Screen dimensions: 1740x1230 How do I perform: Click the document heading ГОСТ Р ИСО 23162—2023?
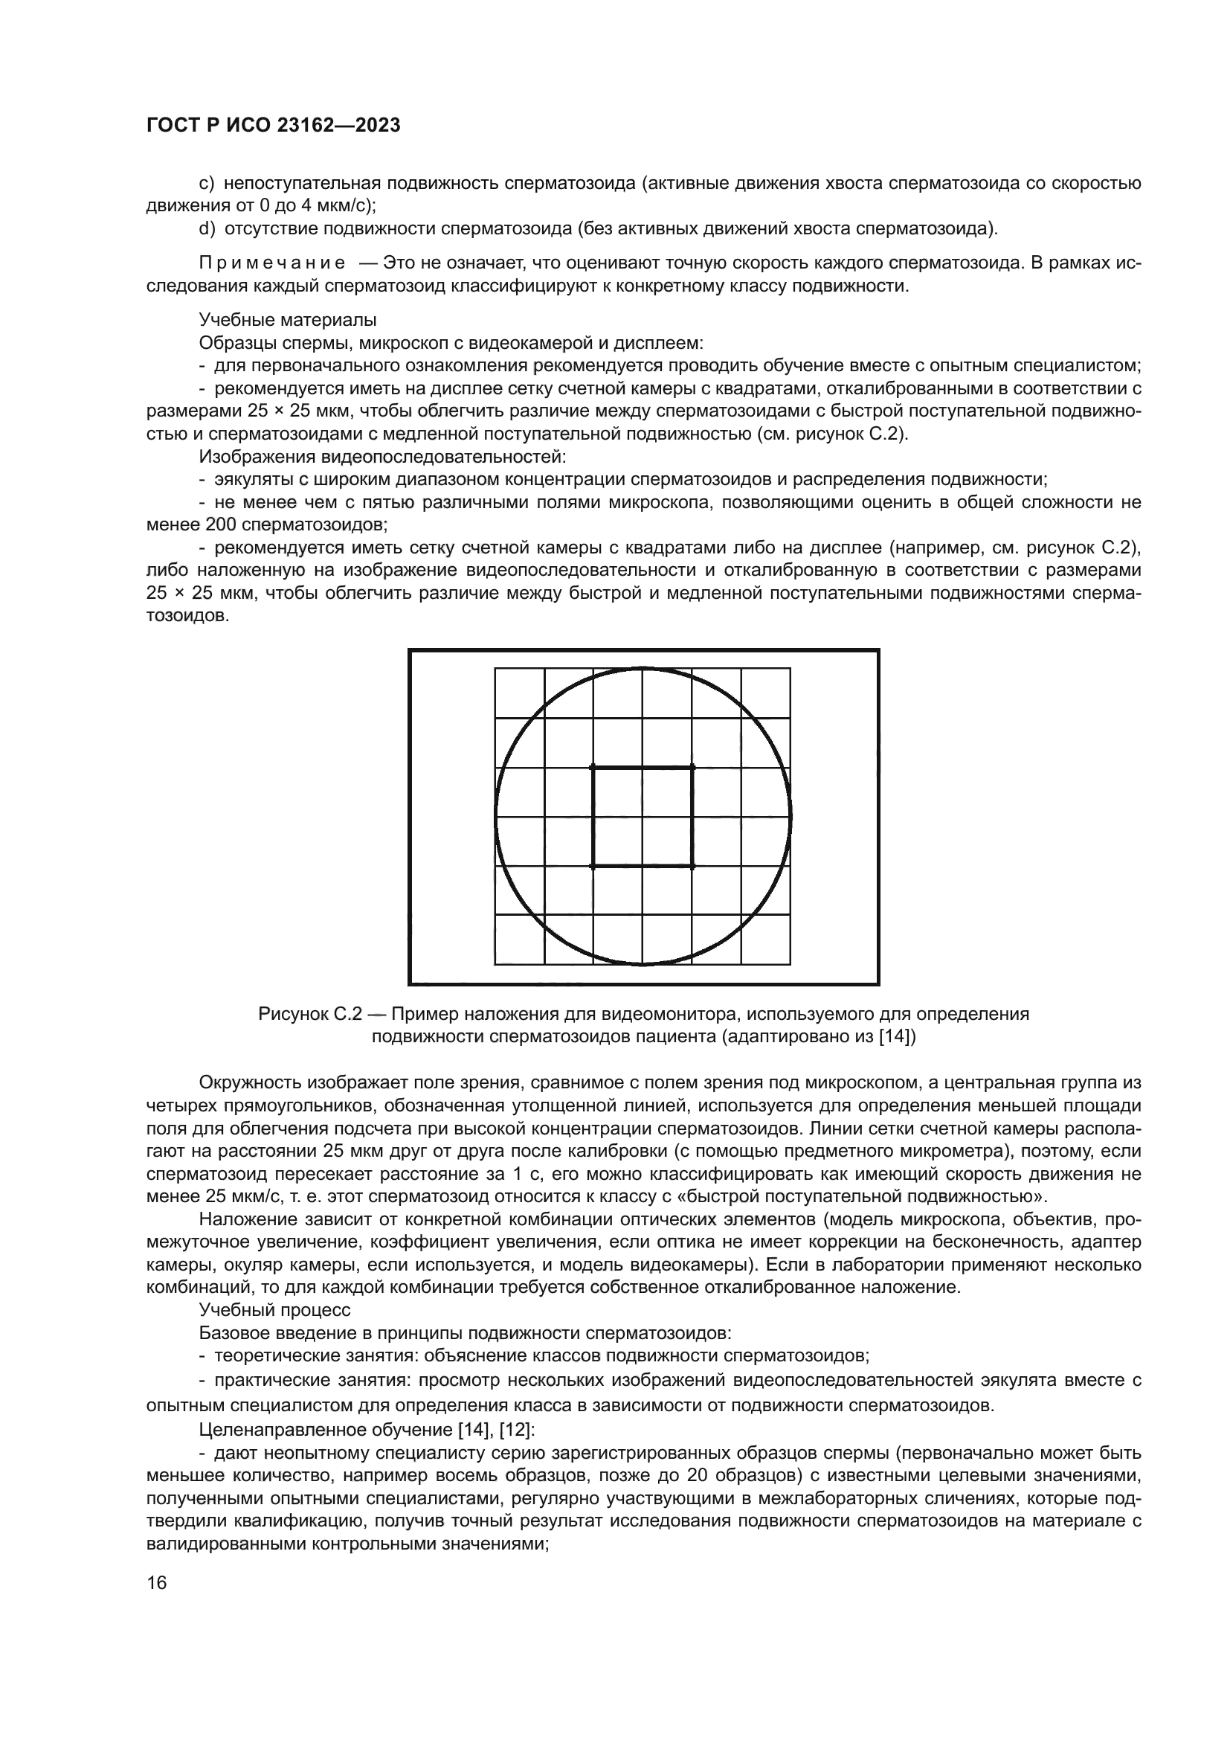tap(274, 126)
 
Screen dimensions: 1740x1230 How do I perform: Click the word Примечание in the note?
tap(272, 263)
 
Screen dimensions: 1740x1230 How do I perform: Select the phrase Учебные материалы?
tap(288, 320)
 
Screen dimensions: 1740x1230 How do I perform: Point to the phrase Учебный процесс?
tap(275, 1309)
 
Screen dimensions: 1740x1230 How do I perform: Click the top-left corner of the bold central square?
tap(592, 767)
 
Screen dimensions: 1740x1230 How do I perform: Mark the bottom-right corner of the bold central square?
tap(692, 866)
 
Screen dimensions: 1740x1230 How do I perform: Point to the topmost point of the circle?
tap(643, 667)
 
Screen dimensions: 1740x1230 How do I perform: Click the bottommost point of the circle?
tap(643, 965)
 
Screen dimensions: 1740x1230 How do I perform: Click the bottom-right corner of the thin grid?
tap(790, 964)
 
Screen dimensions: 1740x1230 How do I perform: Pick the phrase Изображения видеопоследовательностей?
tap(381, 457)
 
